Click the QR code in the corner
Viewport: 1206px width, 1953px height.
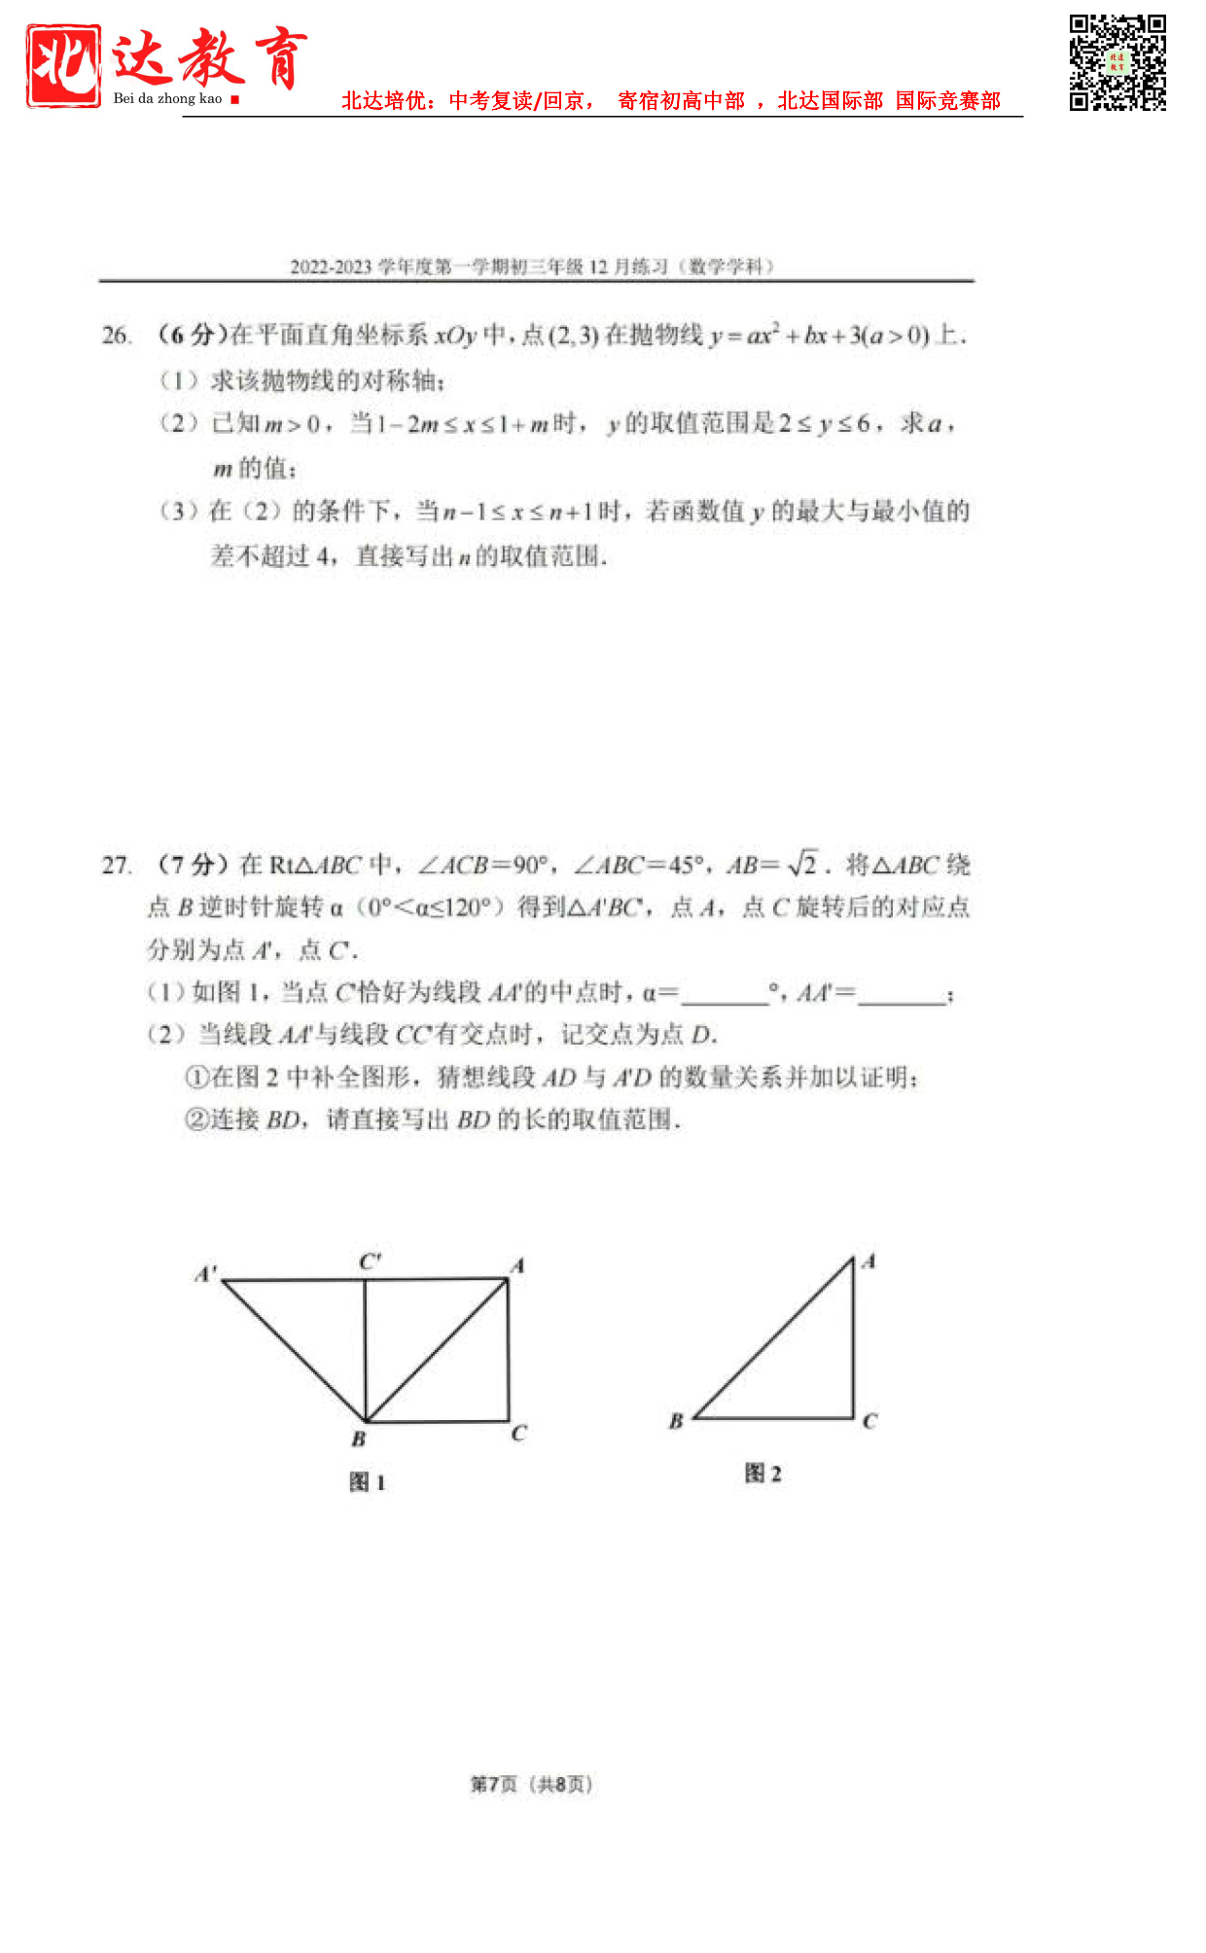click(1117, 63)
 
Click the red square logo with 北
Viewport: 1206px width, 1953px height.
click(63, 65)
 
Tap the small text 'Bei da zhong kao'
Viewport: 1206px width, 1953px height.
click(167, 98)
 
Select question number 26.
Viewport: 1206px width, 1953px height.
click(116, 336)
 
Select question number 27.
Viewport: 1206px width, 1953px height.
click(116, 865)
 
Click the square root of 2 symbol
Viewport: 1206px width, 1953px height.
click(803, 864)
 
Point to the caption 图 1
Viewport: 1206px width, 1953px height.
click(368, 1482)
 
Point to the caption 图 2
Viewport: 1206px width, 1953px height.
click(763, 1474)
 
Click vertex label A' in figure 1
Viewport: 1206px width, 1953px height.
click(206, 1273)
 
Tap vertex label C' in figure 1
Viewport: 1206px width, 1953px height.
click(370, 1261)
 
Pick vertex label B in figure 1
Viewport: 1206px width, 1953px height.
click(359, 1438)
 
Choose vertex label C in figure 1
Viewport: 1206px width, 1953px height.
click(518, 1433)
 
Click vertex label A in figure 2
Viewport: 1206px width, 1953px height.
click(869, 1261)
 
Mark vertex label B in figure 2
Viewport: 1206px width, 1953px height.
click(676, 1421)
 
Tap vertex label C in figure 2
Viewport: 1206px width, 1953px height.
click(869, 1421)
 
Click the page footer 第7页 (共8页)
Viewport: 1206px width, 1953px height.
click(531, 1784)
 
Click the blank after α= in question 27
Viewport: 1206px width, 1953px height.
click(725, 995)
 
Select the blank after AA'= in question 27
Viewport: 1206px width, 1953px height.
click(902, 995)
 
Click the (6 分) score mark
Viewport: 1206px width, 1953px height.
click(191, 336)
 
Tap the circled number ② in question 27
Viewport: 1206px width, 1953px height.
click(195, 1119)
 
